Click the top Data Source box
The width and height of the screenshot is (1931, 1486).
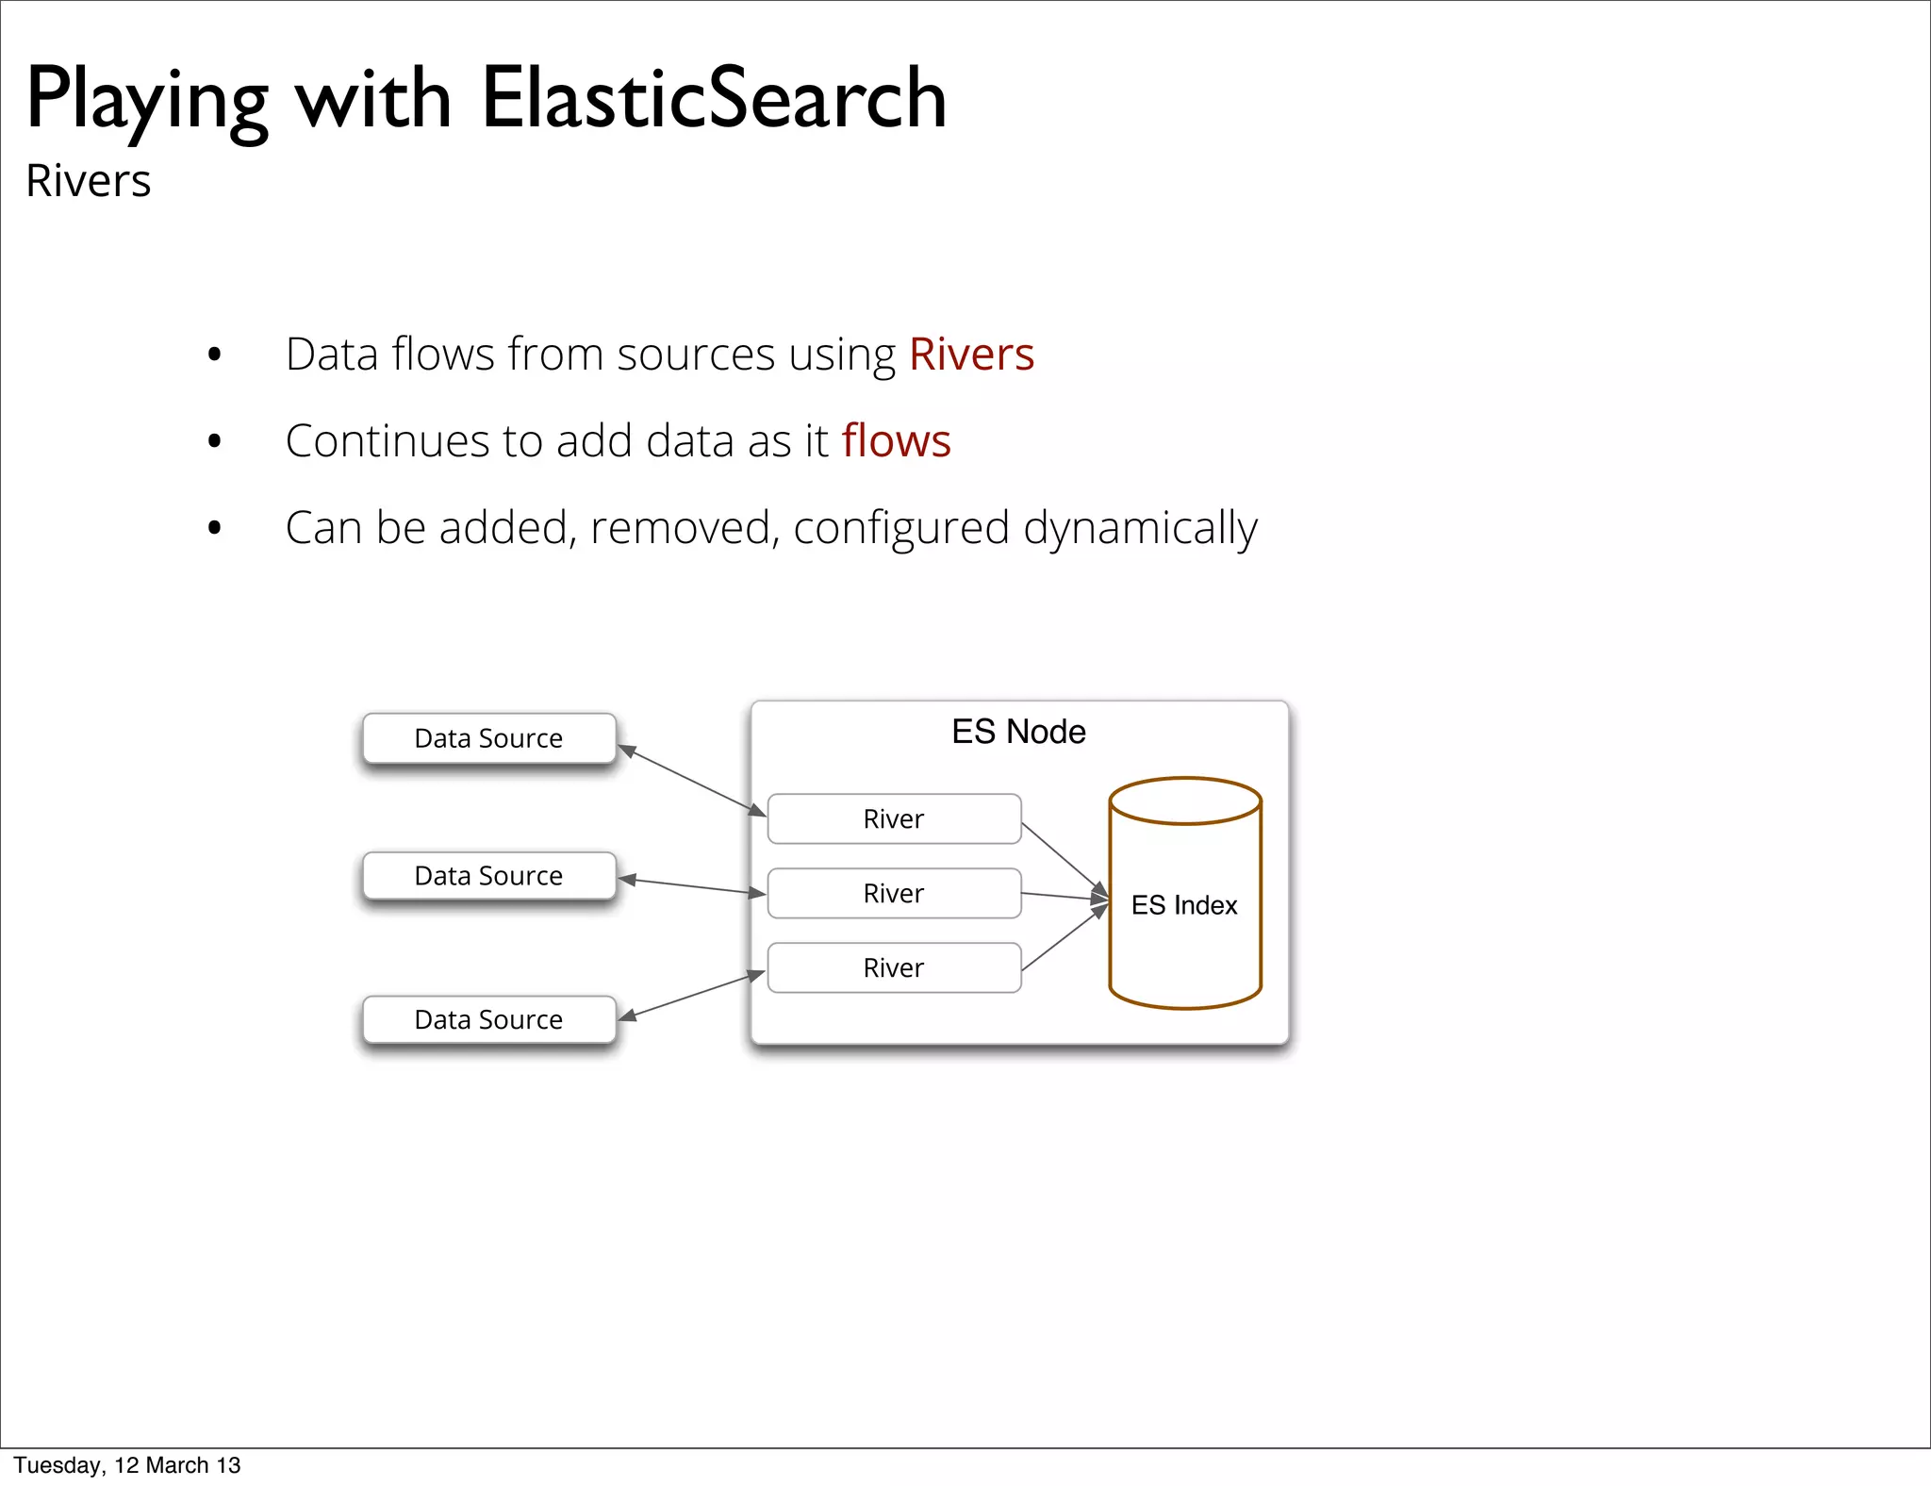pos(489,738)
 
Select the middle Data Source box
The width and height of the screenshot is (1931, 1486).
pos(489,876)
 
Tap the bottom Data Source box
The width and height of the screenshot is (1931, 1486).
pos(489,1019)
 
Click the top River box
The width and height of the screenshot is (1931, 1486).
pos(894,818)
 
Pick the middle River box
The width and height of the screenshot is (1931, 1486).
pos(894,893)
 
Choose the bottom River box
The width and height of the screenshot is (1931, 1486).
pos(894,967)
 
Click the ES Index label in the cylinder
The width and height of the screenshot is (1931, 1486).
pos(1184,905)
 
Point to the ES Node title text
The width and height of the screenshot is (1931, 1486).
pos(1018,732)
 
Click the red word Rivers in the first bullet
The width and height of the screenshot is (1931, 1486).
pos(971,355)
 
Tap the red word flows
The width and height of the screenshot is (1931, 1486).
pos(896,440)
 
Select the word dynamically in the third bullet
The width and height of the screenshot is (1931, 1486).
pos(1140,528)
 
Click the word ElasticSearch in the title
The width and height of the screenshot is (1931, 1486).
pos(714,98)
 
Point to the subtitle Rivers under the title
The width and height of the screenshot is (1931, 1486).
pos(89,180)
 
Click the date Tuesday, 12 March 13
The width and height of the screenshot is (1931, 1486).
pos(127,1465)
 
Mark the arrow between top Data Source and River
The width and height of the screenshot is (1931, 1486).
pos(691,780)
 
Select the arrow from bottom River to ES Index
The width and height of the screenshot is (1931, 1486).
pos(1064,938)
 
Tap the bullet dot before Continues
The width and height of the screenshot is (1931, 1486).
pos(215,441)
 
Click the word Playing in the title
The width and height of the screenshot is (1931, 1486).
pos(146,100)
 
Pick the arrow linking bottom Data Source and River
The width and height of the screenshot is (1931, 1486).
pos(691,997)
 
